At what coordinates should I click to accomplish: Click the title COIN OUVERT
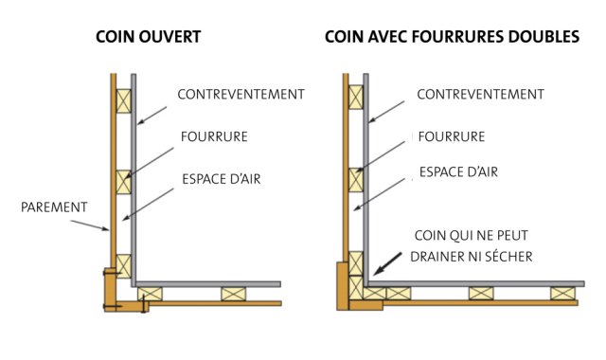[x=149, y=37]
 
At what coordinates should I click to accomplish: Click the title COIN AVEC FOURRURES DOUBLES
[x=453, y=37]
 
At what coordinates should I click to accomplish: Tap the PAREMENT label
[x=54, y=207]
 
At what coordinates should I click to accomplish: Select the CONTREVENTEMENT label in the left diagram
[x=241, y=95]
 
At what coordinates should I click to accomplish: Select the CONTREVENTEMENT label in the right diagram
[x=480, y=95]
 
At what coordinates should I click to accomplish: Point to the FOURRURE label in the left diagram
[x=214, y=136]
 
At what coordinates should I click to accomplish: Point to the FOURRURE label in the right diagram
[x=452, y=136]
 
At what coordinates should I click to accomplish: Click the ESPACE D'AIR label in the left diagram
[x=222, y=179]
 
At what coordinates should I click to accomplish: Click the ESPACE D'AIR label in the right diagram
[x=458, y=171]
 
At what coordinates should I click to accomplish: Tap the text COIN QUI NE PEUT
[x=472, y=236]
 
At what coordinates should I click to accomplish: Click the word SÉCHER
[x=508, y=257]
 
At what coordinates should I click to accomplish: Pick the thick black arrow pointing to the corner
[x=387, y=263]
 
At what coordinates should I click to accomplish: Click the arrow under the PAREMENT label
[x=90, y=225]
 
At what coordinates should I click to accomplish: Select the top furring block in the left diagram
[x=124, y=101]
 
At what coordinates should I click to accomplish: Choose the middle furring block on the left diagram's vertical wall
[x=124, y=182]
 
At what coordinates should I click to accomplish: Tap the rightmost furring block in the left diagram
[x=234, y=294]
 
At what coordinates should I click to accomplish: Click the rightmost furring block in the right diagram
[x=562, y=293]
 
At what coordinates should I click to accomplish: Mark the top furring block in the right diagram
[x=356, y=97]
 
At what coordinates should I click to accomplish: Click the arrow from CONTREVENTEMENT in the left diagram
[x=151, y=116]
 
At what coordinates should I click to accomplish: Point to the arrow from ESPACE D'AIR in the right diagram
[x=380, y=194]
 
